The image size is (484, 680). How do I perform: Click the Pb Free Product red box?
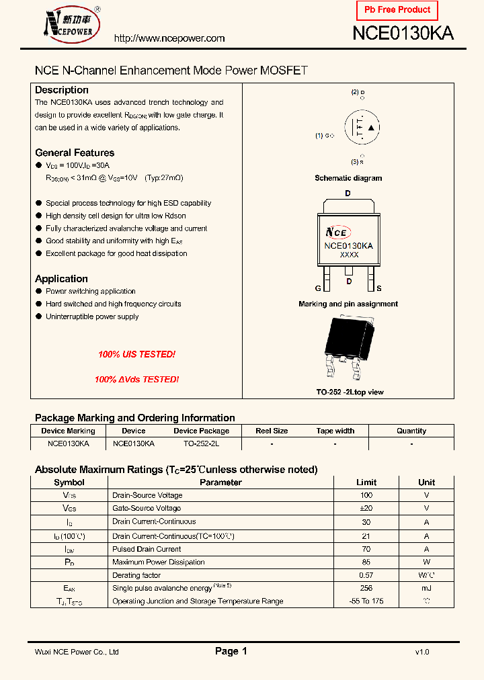(397, 10)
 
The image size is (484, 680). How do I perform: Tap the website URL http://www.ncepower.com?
(169, 38)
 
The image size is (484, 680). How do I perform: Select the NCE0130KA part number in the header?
(403, 34)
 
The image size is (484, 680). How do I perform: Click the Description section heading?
(62, 90)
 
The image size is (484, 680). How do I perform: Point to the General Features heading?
(75, 153)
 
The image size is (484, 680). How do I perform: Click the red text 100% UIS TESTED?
(136, 354)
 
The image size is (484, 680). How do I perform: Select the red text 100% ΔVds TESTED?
(136, 380)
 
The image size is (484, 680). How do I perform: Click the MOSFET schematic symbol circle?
(362, 127)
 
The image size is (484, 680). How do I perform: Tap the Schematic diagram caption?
(348, 178)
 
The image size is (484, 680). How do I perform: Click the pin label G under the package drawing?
(319, 288)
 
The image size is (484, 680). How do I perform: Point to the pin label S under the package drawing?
(379, 288)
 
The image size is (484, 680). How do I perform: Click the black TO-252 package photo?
(348, 349)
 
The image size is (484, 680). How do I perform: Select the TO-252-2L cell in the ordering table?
(201, 444)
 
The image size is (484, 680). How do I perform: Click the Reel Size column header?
(272, 431)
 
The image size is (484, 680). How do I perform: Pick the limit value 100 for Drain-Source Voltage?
(366, 495)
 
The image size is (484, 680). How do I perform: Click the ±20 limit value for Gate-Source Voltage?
(366, 509)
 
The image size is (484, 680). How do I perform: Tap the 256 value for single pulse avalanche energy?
(366, 588)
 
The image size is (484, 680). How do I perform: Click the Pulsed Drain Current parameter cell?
(147, 549)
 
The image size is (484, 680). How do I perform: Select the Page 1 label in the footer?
(231, 651)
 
